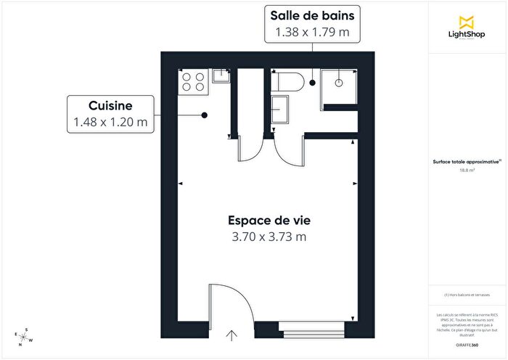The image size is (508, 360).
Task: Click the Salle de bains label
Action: click(x=312, y=15)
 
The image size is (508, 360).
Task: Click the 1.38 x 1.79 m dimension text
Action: click(x=312, y=32)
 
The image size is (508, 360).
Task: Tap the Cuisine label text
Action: click(x=110, y=105)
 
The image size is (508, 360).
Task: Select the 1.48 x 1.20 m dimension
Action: click(x=110, y=122)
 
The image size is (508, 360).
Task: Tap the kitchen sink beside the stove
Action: click(x=220, y=75)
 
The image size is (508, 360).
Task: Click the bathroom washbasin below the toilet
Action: click(x=279, y=110)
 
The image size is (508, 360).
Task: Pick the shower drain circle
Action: click(x=339, y=83)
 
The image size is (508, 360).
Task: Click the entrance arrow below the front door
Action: click(x=232, y=335)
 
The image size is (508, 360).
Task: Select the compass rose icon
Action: click(x=24, y=338)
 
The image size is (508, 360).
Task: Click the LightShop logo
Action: click(x=467, y=28)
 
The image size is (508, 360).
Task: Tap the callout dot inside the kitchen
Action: click(x=205, y=115)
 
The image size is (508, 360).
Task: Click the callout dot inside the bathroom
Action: click(x=313, y=83)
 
